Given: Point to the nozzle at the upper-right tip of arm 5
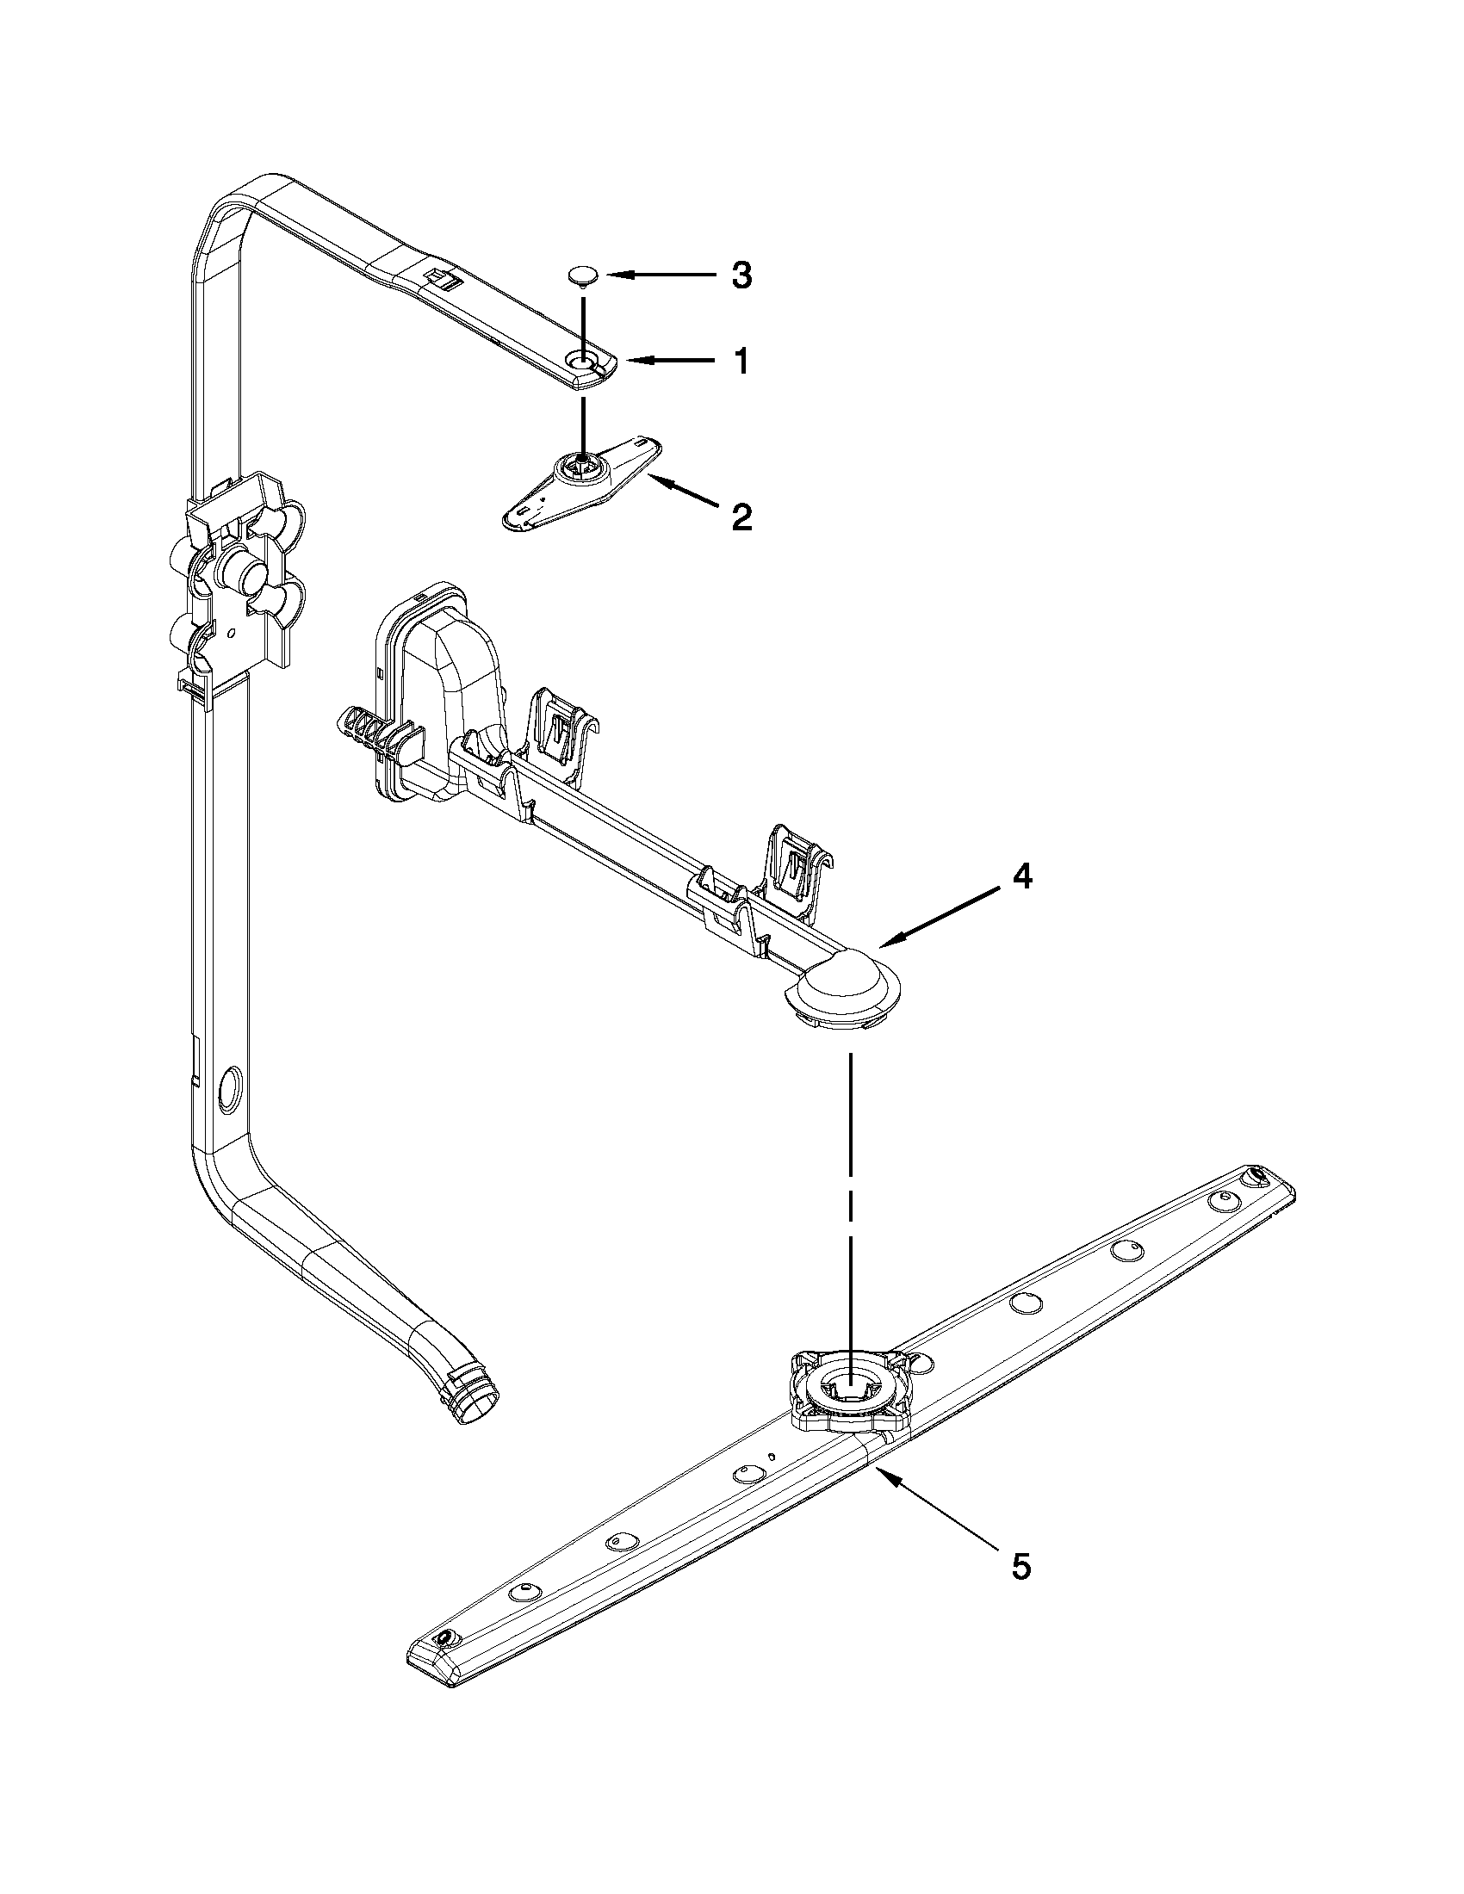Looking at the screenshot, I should pos(1254,1178).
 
